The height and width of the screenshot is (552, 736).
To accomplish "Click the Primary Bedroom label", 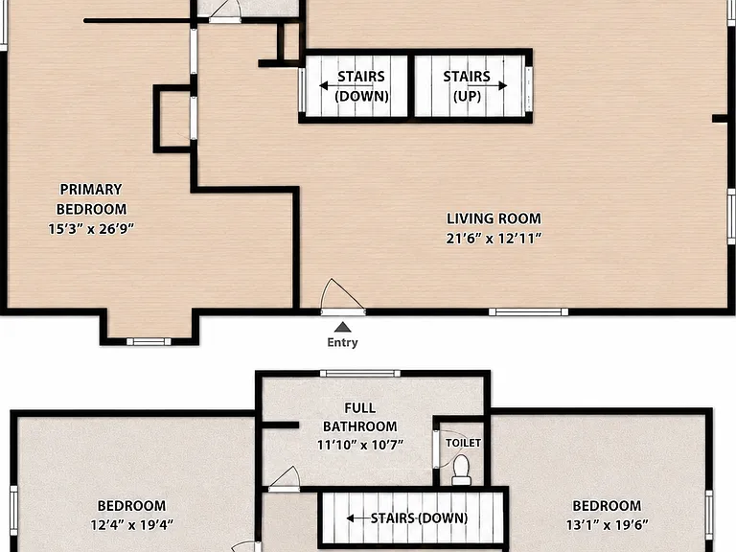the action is tap(91, 199).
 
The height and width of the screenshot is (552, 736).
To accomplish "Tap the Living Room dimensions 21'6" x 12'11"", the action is tap(494, 239).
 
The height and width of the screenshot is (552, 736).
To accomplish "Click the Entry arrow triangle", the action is tap(343, 327).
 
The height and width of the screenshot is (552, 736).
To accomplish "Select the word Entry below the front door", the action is tap(343, 342).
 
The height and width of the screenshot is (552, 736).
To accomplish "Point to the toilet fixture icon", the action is tap(461, 470).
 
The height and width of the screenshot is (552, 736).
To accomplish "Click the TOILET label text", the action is tap(463, 443).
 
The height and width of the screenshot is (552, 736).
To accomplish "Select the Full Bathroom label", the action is tap(360, 417).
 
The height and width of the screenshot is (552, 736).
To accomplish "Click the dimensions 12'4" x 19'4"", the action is tap(132, 524).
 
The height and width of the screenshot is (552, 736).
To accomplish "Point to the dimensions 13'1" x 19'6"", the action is tap(607, 524).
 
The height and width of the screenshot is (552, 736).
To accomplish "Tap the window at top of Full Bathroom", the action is tap(360, 374).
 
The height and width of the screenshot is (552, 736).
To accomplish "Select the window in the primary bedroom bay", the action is tap(149, 342).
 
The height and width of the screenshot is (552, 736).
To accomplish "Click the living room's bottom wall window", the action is tap(529, 312).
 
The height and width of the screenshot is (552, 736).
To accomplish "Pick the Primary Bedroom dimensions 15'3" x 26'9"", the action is tap(91, 229).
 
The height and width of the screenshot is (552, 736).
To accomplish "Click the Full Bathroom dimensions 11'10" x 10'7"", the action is tap(360, 445).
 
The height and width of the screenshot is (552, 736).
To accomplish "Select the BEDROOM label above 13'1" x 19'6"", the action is tap(607, 506).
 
